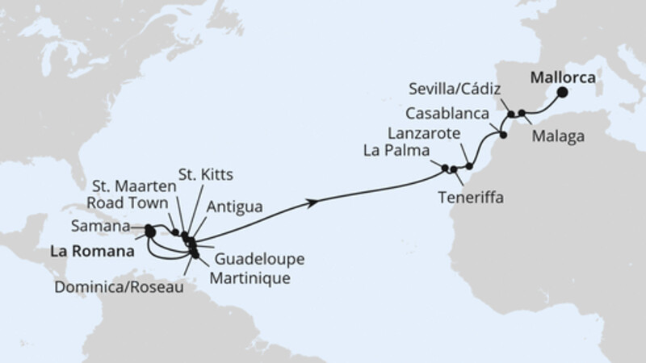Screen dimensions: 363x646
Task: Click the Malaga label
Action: [x=558, y=137]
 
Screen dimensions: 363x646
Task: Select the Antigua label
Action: [x=234, y=208]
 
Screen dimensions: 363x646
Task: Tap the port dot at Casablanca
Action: [x=504, y=135]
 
